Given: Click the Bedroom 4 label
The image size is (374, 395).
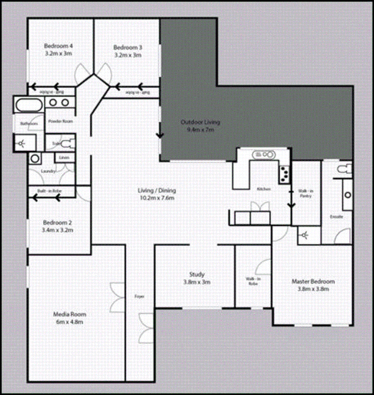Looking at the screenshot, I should coord(58,46).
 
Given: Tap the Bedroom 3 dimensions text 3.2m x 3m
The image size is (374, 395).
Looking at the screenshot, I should coord(128,55).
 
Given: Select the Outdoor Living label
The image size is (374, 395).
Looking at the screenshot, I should coord(200,122).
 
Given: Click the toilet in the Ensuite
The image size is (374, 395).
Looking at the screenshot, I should coord(344,169).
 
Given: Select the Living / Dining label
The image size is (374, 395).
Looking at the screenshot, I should coord(157,191).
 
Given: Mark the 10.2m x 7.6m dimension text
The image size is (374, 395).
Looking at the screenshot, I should coord(157,198).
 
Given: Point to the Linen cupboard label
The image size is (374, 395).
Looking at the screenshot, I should coord(64,158).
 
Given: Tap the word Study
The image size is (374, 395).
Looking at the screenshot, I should coord(197,274).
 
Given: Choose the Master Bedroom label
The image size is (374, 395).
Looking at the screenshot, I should coord(313,282).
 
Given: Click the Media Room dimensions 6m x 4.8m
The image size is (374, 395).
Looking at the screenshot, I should coord(69,322).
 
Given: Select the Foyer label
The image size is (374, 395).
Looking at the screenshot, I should coord(139,296).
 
